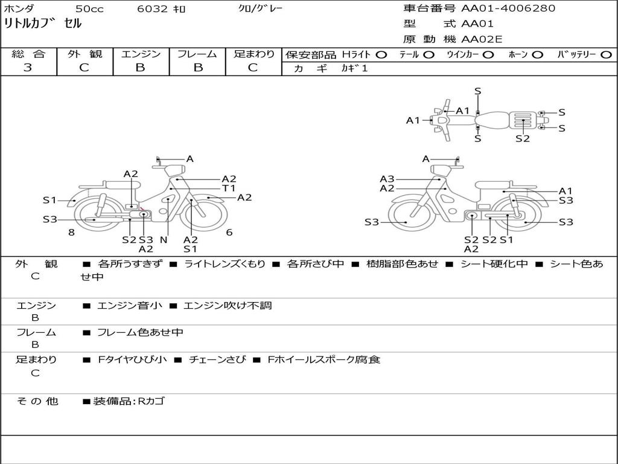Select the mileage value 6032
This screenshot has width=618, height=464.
(x=153, y=9)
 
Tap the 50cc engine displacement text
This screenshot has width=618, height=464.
(x=89, y=9)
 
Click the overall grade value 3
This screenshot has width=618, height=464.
(x=28, y=68)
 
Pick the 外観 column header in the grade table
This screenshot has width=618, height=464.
(x=84, y=54)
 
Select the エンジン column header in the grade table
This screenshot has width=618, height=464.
(x=141, y=54)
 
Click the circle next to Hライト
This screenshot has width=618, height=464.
(x=381, y=55)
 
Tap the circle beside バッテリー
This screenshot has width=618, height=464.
(x=606, y=55)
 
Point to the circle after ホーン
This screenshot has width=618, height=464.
(x=537, y=55)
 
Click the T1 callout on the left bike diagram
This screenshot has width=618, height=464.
(x=229, y=188)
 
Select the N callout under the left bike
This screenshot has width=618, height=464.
(x=163, y=239)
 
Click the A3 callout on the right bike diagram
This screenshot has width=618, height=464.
(x=387, y=179)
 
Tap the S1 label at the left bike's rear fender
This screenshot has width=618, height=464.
(x=49, y=200)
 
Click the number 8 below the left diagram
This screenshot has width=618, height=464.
(x=71, y=233)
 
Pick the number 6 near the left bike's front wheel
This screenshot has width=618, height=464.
(x=229, y=233)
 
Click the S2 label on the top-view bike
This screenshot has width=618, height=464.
(x=523, y=138)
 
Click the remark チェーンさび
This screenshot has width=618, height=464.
(x=217, y=359)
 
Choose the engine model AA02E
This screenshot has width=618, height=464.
(x=482, y=40)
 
